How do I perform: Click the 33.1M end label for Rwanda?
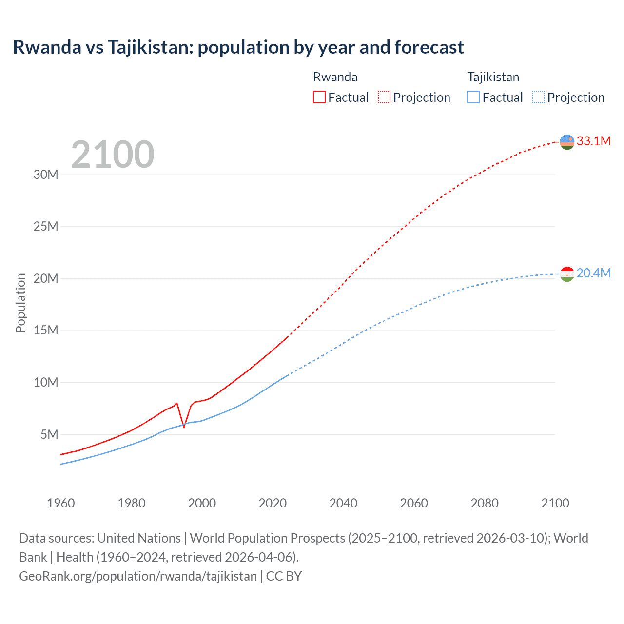(x=593, y=141)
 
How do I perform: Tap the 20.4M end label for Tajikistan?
(x=593, y=273)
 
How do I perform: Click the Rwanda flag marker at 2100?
(x=567, y=142)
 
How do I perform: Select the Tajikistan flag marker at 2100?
(x=567, y=274)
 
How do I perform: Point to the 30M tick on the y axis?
(x=46, y=175)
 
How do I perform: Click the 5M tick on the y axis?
(x=49, y=434)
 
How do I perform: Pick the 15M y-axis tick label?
(x=46, y=331)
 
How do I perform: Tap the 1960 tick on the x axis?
(x=61, y=503)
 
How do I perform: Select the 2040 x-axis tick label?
(x=343, y=503)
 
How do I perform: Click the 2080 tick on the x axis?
(x=485, y=503)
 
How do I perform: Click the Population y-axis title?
(x=20, y=303)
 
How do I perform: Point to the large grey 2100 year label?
(x=113, y=155)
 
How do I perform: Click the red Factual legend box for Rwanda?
(x=319, y=97)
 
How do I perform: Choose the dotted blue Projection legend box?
(x=539, y=97)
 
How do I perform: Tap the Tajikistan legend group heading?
(x=493, y=77)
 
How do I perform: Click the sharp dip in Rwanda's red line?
(x=184, y=427)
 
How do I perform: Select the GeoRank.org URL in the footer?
(x=138, y=576)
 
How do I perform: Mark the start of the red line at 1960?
(x=61, y=454)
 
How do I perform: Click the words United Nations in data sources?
(x=139, y=538)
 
